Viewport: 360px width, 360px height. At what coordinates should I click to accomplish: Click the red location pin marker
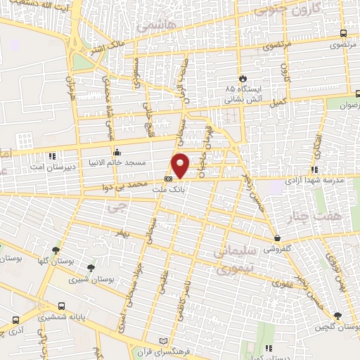(181, 165)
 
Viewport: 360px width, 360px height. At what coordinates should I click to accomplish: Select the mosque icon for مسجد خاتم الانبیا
(117, 152)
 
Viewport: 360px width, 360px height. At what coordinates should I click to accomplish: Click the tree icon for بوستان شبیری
(91, 267)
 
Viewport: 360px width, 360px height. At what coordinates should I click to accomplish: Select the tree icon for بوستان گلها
(54, 250)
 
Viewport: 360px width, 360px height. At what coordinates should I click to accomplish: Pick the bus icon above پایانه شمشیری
(63, 307)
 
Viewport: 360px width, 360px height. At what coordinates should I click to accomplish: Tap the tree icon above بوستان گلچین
(338, 316)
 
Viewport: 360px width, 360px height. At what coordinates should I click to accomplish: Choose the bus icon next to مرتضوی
(342, 33)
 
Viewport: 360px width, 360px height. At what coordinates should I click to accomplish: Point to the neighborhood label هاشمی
(153, 26)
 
